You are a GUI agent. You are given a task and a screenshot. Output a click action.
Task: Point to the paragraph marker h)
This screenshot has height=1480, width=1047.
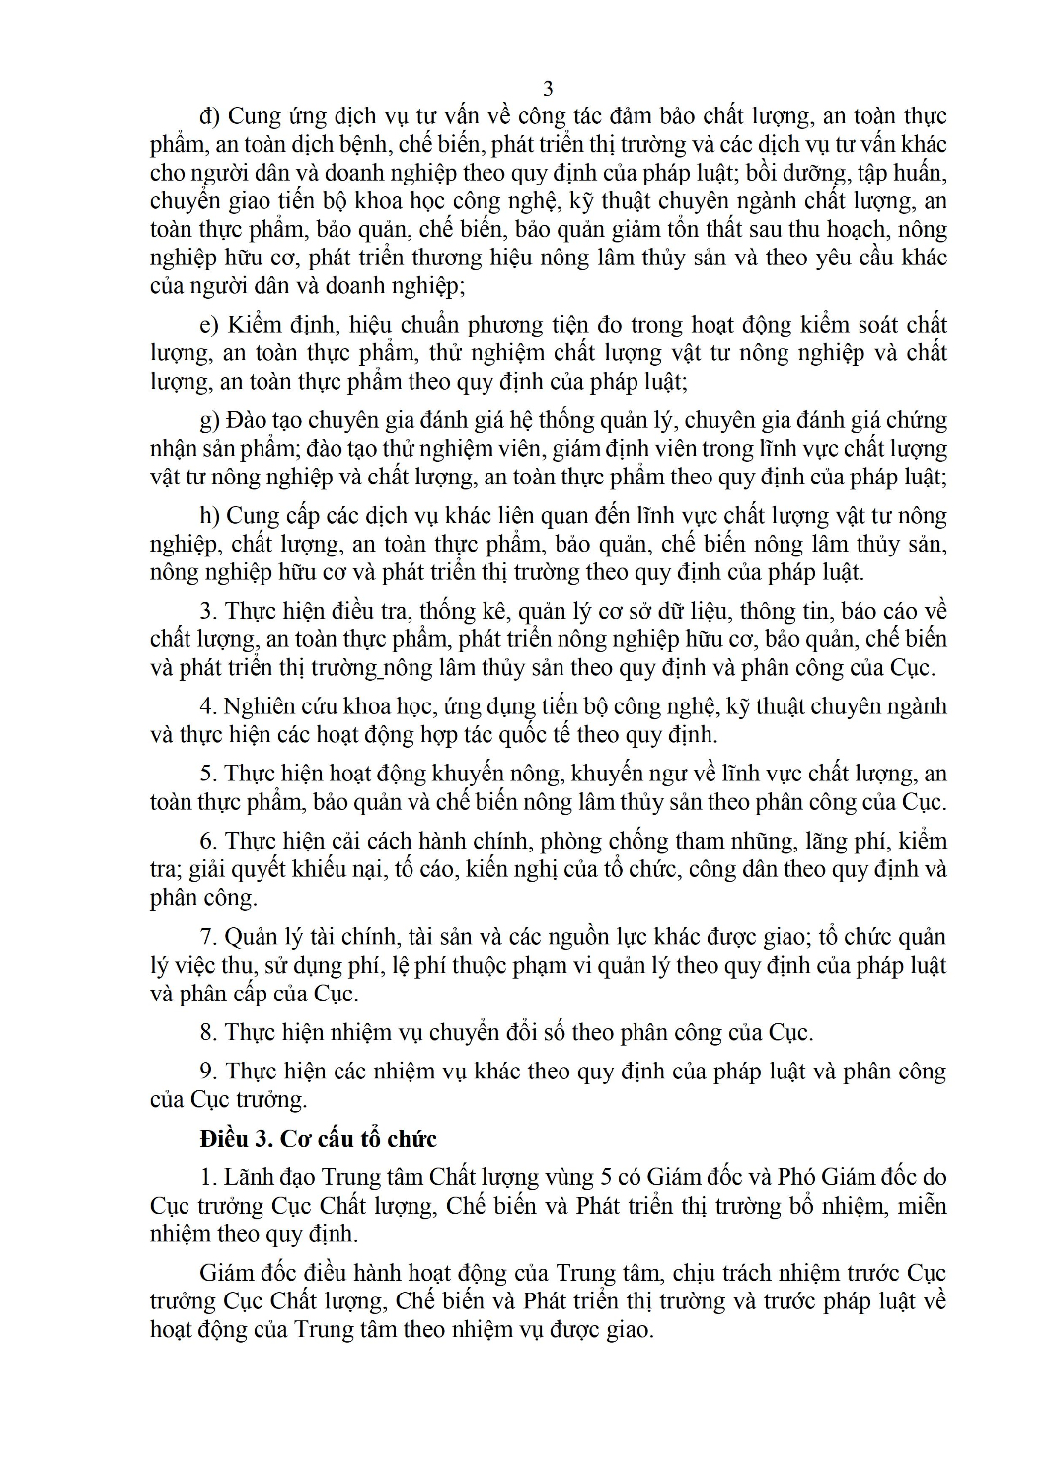click(209, 515)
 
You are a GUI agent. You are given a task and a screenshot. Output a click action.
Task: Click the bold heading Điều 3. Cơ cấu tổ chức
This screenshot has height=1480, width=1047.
click(318, 1138)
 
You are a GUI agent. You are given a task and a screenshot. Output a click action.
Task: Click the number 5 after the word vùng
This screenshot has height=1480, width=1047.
click(607, 1177)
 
